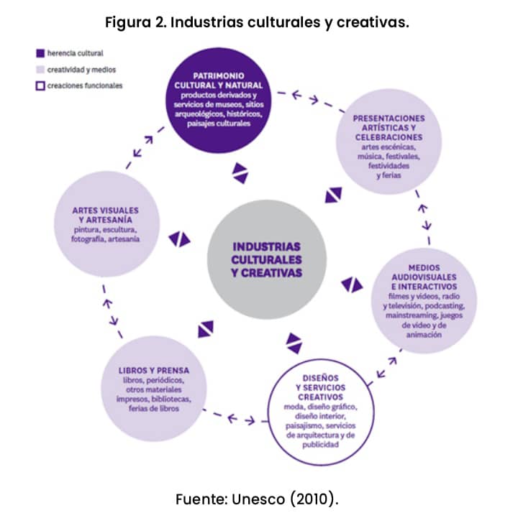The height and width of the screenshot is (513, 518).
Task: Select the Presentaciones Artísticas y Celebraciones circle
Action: pos(388,147)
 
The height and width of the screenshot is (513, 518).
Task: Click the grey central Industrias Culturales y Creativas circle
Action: pos(266,259)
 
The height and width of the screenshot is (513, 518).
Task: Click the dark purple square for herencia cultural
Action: pos(40,52)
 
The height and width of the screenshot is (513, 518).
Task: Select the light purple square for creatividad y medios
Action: pos(40,70)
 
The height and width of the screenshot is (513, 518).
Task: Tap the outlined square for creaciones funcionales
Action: pos(40,85)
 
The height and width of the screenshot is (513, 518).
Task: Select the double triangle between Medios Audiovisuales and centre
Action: pos(352,285)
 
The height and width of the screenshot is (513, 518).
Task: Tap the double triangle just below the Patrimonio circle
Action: pos(240,172)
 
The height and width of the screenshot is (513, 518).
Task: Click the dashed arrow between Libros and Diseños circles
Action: pos(230,417)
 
